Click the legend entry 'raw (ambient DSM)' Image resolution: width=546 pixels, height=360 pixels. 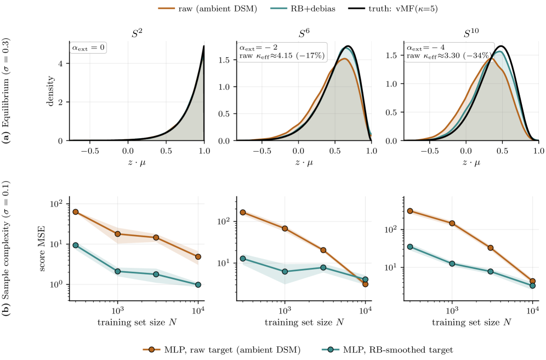click(208, 9)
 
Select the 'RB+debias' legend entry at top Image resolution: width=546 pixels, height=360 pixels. click(303, 9)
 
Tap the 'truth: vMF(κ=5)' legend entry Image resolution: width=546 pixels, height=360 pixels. click(393, 9)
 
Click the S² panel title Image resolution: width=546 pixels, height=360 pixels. click(137, 33)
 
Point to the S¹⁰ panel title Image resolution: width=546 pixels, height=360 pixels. click(471, 33)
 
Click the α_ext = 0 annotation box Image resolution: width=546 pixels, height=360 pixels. click(88, 48)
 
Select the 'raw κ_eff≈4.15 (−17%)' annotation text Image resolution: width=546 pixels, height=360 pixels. click(282, 56)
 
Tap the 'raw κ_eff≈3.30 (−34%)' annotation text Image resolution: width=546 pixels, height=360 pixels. click(449, 56)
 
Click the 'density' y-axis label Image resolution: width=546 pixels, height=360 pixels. click(51, 91)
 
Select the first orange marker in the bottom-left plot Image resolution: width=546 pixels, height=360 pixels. click(75, 212)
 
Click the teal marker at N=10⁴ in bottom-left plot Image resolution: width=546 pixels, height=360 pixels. click(198, 284)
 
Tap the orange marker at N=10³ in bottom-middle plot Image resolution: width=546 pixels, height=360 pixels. click(285, 228)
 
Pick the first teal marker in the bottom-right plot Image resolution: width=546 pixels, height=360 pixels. click(410, 247)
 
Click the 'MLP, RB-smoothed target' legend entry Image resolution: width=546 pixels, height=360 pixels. click(386, 350)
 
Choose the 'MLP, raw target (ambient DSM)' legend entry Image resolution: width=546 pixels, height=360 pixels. click(221, 350)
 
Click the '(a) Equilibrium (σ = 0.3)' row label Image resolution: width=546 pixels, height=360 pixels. click(6, 91)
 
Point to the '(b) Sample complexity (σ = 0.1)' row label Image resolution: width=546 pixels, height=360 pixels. click(6, 249)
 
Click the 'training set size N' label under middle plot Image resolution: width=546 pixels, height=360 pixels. click(304, 322)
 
